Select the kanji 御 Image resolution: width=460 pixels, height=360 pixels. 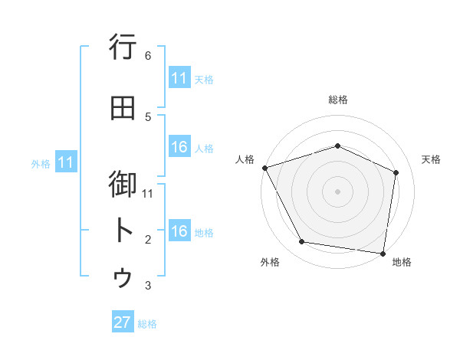click(x=123, y=184)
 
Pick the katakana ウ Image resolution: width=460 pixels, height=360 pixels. click(x=123, y=277)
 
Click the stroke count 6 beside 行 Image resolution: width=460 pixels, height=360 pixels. click(x=148, y=56)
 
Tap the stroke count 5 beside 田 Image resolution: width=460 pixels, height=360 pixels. click(x=148, y=116)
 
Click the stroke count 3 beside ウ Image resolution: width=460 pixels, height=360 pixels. click(x=148, y=286)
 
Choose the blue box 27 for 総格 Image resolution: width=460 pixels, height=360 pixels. click(x=123, y=322)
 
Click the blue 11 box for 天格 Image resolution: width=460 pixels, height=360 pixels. click(x=179, y=78)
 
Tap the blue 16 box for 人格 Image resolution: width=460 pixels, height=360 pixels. click(x=179, y=147)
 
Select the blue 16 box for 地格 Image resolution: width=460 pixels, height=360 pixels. click(x=179, y=231)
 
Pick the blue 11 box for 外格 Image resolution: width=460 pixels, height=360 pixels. click(x=66, y=162)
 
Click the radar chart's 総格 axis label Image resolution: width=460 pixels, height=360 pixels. click(x=337, y=100)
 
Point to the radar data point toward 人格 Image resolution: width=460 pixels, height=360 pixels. click(x=264, y=168)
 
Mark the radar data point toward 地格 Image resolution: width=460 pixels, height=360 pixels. click(x=383, y=253)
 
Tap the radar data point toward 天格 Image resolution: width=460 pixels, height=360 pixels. click(x=396, y=172)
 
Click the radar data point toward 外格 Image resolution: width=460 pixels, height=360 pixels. click(x=302, y=242)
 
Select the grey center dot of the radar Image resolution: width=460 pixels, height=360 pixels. click(x=337, y=191)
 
